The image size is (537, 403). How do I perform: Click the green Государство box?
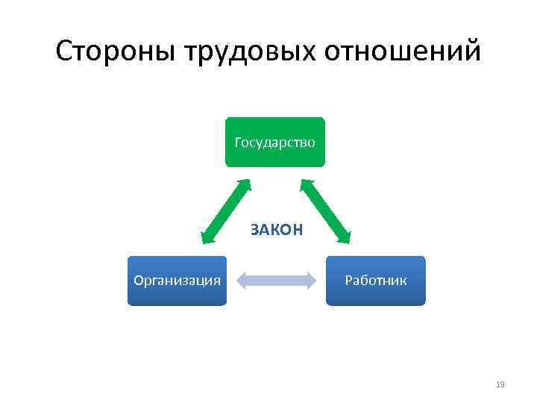pos(275,142)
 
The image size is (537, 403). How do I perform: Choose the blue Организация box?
pos(177,281)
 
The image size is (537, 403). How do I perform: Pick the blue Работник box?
pos(375,281)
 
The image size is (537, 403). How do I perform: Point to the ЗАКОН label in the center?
pos(277,229)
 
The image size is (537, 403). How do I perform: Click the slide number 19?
pos(500,384)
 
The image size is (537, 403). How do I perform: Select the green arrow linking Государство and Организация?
pos(225,211)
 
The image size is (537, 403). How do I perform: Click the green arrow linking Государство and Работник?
pos(325,211)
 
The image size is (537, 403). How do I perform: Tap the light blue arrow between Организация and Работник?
pos(276,281)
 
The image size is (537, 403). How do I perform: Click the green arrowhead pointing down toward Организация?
pos(205,238)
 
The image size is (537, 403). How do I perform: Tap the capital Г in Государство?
pos(238,142)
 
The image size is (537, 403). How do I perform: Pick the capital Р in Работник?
pos(348,281)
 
